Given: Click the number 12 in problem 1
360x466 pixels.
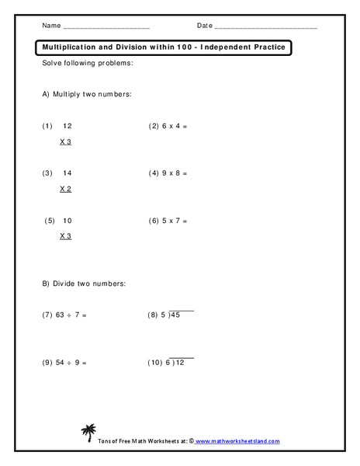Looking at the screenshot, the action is tap(67, 125).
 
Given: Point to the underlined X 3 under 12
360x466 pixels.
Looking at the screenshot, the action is tap(65, 142).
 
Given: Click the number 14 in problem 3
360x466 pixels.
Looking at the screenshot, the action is tap(67, 172).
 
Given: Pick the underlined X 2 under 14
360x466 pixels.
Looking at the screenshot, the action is tap(65, 189).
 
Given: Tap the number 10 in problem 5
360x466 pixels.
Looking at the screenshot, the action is tap(67, 220).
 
